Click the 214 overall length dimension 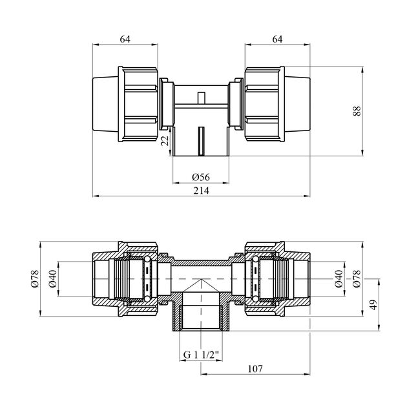point(201,191)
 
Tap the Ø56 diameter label point(201,177)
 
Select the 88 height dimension point(357,111)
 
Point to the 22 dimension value point(165,140)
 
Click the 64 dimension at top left point(125,39)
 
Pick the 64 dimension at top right point(277,39)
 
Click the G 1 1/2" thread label point(201,355)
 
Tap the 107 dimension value point(255,369)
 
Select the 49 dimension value point(373,305)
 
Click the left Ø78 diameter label point(35,279)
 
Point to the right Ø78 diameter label point(357,279)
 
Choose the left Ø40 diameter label point(53,279)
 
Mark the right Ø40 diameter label point(339,279)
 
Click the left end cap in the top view point(105,104)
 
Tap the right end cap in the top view point(297,104)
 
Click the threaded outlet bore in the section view point(201,317)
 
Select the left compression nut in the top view point(138,104)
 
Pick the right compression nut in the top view point(265,104)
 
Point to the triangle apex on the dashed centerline point(201,279)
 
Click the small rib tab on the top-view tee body point(201,98)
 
